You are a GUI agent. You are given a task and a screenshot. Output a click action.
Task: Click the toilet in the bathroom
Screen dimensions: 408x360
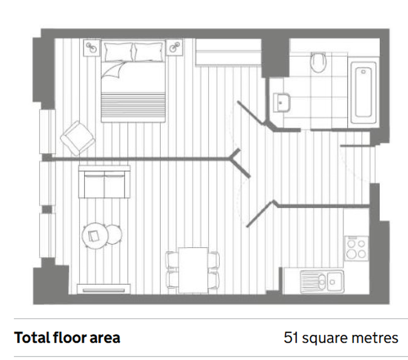click(318, 62)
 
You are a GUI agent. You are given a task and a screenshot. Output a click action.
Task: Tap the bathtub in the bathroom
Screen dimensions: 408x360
click(363, 92)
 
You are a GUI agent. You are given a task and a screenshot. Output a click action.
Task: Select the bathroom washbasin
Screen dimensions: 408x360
click(281, 102)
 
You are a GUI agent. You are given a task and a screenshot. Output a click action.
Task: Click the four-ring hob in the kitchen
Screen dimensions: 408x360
click(356, 248)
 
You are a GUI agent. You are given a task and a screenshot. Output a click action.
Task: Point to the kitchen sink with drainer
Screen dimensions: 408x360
click(322, 281)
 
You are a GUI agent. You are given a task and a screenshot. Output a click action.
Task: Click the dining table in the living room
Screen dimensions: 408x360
click(193, 270)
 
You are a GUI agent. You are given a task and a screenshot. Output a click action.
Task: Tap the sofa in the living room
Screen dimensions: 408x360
click(104, 181)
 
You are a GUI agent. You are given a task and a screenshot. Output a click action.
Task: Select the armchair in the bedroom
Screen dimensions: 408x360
click(77, 138)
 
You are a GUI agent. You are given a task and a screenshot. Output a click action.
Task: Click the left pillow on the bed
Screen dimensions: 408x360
click(118, 52)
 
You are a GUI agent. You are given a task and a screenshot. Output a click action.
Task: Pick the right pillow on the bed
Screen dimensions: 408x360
click(148, 52)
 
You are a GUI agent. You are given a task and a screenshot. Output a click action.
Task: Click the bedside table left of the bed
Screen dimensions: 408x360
click(92, 47)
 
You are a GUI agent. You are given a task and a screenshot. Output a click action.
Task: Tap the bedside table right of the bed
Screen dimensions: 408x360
click(174, 47)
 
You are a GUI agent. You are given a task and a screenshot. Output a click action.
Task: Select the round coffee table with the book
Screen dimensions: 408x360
click(95, 236)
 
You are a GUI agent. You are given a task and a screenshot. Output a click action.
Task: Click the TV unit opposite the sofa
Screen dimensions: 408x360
click(104, 289)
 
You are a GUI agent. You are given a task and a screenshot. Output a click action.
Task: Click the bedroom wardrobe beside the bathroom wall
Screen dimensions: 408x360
click(228, 53)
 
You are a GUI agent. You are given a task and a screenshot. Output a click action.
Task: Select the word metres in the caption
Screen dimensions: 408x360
click(375, 338)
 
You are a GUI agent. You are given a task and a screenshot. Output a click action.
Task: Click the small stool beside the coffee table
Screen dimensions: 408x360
click(114, 234)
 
